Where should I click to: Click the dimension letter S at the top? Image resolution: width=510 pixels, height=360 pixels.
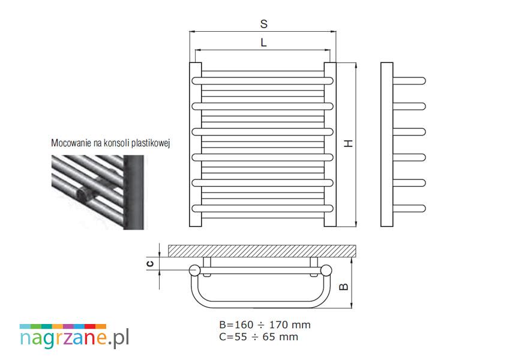pyautogui.click(x=264, y=24)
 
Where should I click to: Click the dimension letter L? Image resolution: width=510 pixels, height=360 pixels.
pyautogui.click(x=263, y=42)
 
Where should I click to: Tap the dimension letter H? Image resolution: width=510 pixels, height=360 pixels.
pyautogui.click(x=349, y=143)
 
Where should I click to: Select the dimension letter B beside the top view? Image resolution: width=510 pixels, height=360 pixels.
pyautogui.click(x=344, y=287)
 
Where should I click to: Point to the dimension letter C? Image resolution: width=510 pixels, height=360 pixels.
pyautogui.click(x=150, y=263)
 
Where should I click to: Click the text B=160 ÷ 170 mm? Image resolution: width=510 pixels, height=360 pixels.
pyautogui.click(x=265, y=325)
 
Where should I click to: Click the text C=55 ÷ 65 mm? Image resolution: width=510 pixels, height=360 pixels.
pyautogui.click(x=259, y=337)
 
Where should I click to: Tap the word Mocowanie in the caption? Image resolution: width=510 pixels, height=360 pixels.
pyautogui.click(x=71, y=143)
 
